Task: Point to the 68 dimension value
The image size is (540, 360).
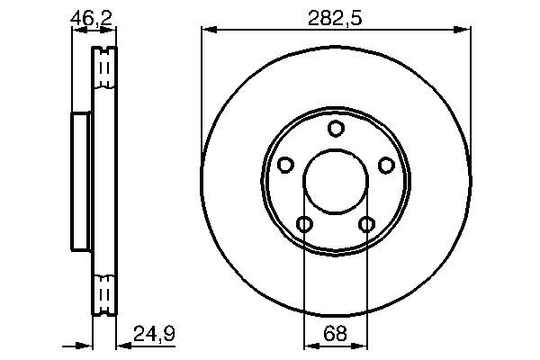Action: tap(336, 333)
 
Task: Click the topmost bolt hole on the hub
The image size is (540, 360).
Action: tap(336, 129)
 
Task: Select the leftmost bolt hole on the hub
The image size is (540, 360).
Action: tap(285, 165)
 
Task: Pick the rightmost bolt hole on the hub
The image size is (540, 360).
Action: tap(386, 165)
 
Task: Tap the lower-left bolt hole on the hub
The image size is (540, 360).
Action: tap(304, 224)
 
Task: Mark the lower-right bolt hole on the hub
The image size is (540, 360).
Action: tap(366, 224)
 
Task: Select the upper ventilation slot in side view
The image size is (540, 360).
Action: tap(105, 68)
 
